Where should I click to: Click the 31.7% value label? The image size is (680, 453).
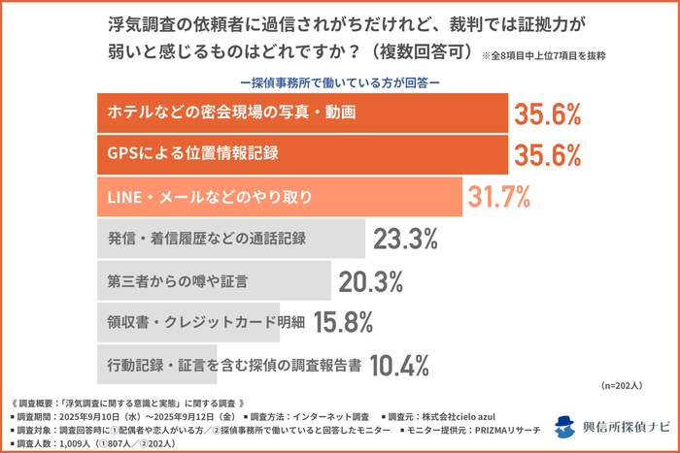point(499,197)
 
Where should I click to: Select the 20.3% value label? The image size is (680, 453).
point(371,281)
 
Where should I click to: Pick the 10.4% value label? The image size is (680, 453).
point(399,366)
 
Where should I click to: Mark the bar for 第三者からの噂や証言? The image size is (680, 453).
point(214,281)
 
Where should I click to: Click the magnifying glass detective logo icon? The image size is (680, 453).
point(564,426)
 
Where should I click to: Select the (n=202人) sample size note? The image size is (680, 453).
point(629,385)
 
